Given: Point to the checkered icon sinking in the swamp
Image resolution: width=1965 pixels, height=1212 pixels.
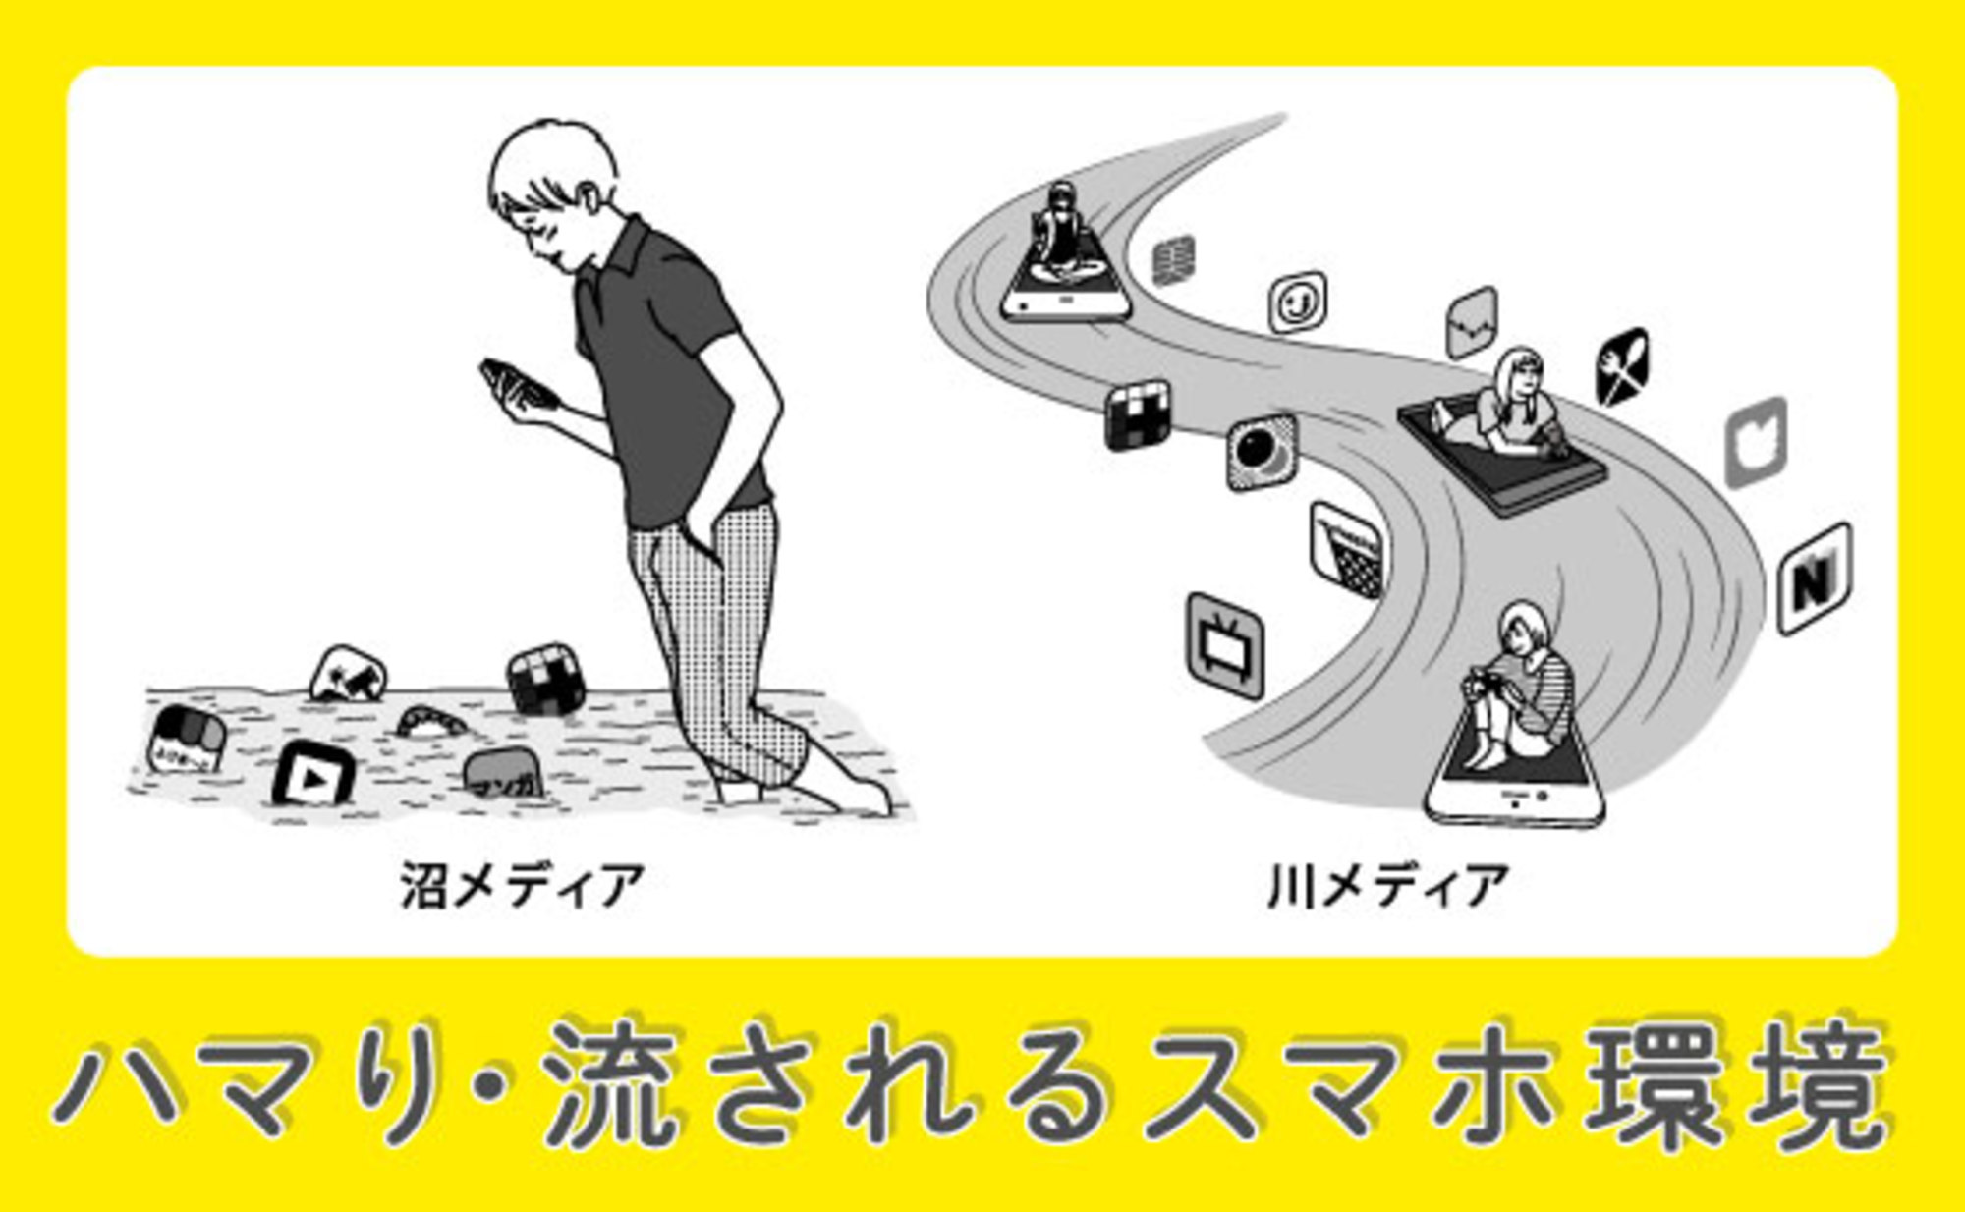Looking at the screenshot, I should click(546, 679).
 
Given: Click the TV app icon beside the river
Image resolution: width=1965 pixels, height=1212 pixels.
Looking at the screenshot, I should click(1224, 645).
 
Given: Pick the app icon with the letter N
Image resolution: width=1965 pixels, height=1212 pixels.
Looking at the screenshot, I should click(1816, 579).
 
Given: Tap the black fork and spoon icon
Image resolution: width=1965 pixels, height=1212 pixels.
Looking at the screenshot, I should click(1622, 367).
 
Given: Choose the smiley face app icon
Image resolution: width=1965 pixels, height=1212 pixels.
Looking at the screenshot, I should click(1298, 302).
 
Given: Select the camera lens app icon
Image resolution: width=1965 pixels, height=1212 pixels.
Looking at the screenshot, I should click(1262, 452).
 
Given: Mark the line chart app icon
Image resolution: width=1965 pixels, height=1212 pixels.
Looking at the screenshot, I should click(1472, 322).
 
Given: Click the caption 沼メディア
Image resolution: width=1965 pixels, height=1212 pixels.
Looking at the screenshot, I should click(522, 886).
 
